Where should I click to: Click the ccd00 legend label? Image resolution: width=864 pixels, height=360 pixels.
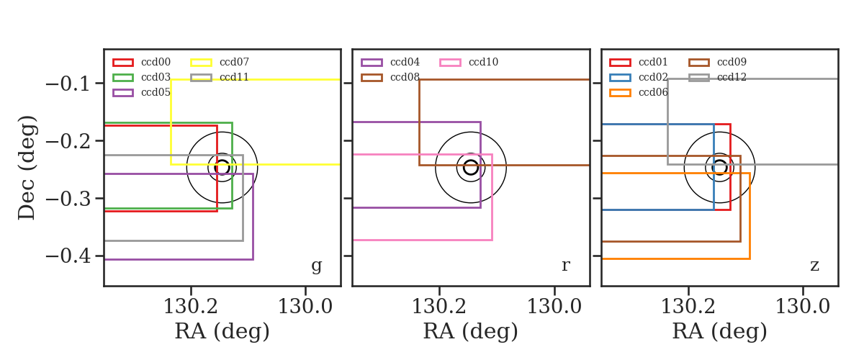[x=156, y=62]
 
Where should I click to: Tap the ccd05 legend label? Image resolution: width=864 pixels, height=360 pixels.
[x=156, y=92]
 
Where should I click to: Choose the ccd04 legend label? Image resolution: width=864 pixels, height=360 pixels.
[x=405, y=62]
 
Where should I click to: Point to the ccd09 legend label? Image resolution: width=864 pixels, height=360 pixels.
[x=732, y=62]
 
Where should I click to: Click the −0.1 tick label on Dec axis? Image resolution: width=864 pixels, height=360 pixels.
[x=68, y=84]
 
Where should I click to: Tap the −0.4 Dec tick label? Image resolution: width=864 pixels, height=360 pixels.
[x=68, y=256]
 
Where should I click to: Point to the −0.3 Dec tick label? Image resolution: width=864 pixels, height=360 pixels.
[x=68, y=199]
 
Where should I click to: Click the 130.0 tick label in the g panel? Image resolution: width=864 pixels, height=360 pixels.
[x=305, y=307]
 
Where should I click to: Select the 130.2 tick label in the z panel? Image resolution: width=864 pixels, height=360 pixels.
[x=688, y=307]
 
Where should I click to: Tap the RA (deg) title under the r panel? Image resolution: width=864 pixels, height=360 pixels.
[x=471, y=331]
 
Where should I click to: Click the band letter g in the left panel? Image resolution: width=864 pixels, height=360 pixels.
[x=316, y=266]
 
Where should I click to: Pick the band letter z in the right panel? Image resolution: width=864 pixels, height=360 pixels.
[x=814, y=266]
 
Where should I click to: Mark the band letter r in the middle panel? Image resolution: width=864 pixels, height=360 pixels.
[x=565, y=266]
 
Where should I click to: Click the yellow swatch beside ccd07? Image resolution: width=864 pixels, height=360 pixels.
[x=201, y=63]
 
